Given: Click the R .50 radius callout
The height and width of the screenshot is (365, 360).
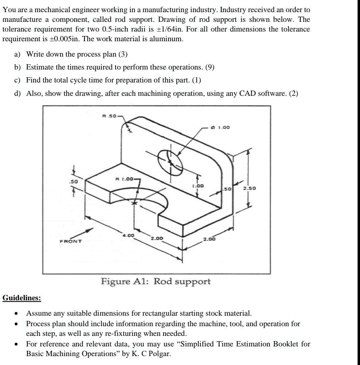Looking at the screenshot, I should coord(109,116).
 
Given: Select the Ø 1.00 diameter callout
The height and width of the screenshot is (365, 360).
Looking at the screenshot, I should coord(221,127).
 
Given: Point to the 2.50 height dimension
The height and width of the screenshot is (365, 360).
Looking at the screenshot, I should coord(249,188).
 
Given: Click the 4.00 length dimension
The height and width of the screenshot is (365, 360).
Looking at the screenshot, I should coord(129,235).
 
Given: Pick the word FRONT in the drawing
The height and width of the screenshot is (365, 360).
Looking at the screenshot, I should coord(71,241).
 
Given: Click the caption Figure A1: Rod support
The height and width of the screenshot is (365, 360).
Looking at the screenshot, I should coord(156,281).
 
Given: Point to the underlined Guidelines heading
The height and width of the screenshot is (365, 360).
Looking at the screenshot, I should coord(22,298).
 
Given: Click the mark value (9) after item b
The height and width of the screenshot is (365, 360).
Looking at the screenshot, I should coord(210,67).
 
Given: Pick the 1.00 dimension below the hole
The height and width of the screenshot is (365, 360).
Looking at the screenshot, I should coord(198,186).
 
